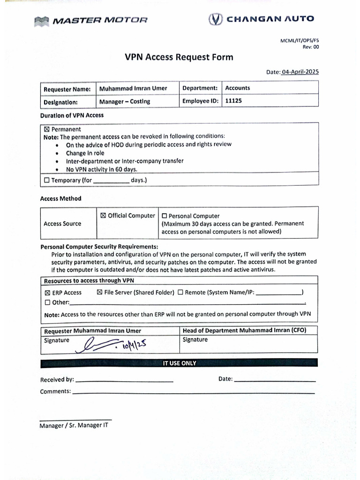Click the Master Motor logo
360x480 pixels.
[x=91, y=20]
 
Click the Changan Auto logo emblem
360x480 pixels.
[x=215, y=19]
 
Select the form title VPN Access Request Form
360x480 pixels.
[x=179, y=58]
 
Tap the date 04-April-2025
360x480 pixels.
[x=300, y=72]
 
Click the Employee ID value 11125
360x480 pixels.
[x=233, y=101]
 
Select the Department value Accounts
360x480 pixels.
[x=238, y=88]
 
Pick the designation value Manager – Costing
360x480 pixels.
[x=125, y=101]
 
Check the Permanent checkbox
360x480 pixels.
[x=46, y=129]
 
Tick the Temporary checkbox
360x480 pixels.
[x=46, y=180]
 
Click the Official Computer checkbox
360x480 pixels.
[x=103, y=216]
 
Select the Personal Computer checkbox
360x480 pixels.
[x=164, y=216]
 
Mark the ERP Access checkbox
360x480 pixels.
[x=47, y=292]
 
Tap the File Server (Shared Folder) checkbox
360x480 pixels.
[x=99, y=292]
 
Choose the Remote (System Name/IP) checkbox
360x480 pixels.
[x=180, y=292]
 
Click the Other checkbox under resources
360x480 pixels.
[x=47, y=302]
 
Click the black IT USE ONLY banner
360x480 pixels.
[x=179, y=363]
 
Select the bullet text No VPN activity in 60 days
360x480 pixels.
[x=102, y=169]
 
